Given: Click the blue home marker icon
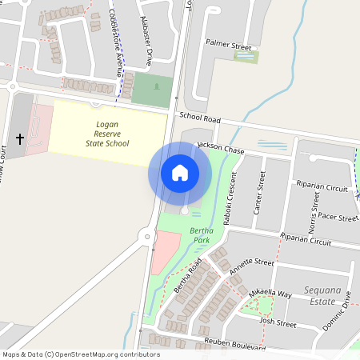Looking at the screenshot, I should coord(179,172).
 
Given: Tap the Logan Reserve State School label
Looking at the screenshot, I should coord(107,134).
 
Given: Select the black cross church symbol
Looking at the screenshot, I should coord(20,139).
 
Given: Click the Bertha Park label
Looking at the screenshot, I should coord(200,235).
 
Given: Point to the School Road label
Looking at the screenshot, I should coord(200,117).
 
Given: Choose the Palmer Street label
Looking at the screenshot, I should coord(228,47).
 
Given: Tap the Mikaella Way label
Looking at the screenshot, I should coord(270,294).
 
